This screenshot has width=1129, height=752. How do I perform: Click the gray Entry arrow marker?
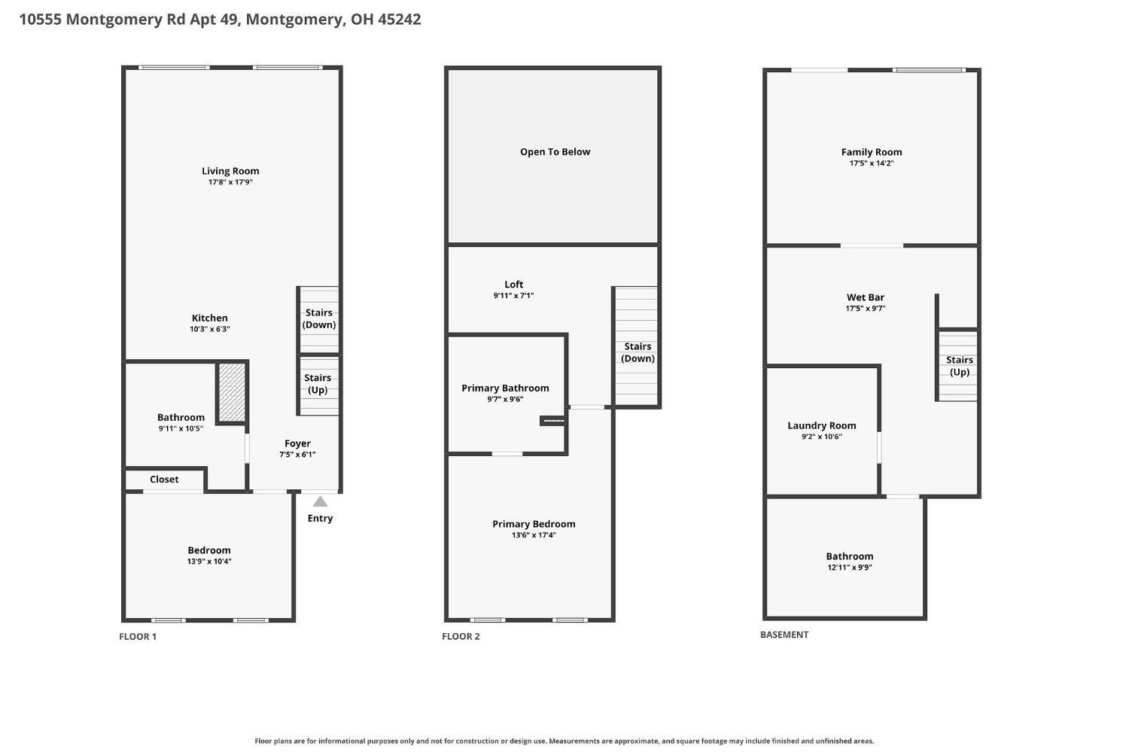[320, 501]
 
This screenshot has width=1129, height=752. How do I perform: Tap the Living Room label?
[230, 171]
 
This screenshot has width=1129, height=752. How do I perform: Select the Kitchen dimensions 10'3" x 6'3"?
[210, 329]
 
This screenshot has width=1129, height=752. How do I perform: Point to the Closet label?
[164, 480]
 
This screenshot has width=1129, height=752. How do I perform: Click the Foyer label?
[297, 443]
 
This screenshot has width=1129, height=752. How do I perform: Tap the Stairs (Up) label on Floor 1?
[318, 384]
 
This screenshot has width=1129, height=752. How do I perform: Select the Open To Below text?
[555, 152]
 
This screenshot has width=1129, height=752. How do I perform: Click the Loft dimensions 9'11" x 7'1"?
[513, 296]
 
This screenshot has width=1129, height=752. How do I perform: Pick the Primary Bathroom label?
[505, 388]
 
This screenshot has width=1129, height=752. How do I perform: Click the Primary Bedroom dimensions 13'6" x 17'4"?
[534, 534]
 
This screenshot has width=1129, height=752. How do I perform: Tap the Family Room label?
[872, 152]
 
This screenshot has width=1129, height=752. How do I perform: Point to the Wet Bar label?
[866, 297]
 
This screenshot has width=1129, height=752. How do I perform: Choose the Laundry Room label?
[822, 425]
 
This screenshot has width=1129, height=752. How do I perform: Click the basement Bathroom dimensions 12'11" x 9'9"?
[850, 567]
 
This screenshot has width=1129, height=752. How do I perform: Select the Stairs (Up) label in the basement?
[960, 366]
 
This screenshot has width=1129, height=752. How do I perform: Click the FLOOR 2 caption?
[461, 636]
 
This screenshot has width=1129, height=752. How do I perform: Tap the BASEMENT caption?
[784, 635]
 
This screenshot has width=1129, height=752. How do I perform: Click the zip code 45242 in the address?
[399, 19]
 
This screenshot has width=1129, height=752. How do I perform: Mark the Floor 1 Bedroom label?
[209, 550]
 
